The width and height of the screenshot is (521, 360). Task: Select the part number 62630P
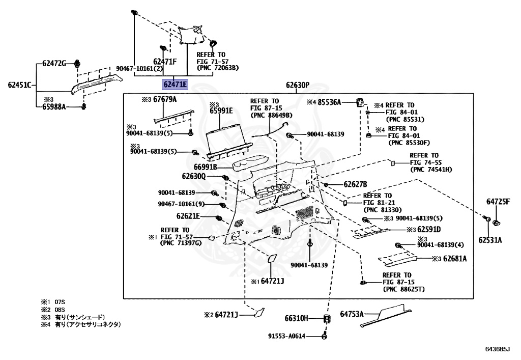click(297, 85)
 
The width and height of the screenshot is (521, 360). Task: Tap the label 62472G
click(54, 64)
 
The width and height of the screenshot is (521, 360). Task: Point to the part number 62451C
click(19, 85)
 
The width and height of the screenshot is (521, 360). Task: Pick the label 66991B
click(206, 167)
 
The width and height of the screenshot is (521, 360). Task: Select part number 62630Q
click(193, 176)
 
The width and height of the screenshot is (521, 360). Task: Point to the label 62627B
click(355, 184)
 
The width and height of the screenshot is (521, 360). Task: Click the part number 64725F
click(498, 202)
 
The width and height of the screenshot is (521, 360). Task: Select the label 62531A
click(489, 239)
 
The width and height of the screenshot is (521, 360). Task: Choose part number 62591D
click(430, 229)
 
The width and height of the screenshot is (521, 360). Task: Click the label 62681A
click(454, 259)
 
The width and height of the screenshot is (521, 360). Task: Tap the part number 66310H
click(297, 319)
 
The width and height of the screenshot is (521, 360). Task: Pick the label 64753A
click(352, 314)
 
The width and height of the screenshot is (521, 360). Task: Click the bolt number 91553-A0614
click(286, 336)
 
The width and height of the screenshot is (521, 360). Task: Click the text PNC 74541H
click(431, 169)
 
